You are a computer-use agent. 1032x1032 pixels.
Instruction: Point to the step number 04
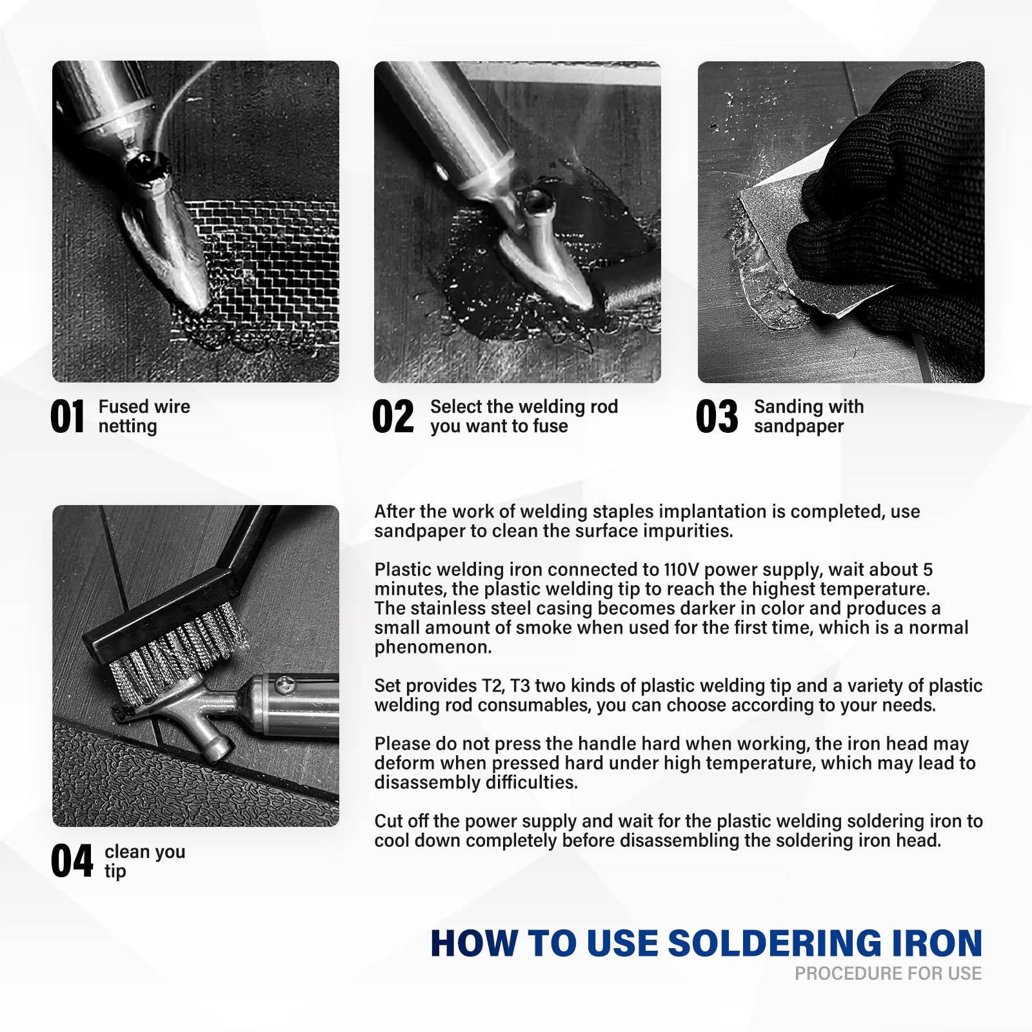tap(72, 861)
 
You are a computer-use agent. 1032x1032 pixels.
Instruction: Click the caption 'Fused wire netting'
tap(144, 416)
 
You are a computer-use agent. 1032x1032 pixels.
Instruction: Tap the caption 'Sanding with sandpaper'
tap(809, 416)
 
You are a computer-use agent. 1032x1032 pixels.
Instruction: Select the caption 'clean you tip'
tap(145, 861)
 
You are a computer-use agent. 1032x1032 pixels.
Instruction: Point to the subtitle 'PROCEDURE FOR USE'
tap(888, 973)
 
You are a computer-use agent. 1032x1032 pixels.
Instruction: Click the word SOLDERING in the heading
tap(774, 944)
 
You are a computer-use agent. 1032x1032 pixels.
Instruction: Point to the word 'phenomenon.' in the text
tap(433, 648)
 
